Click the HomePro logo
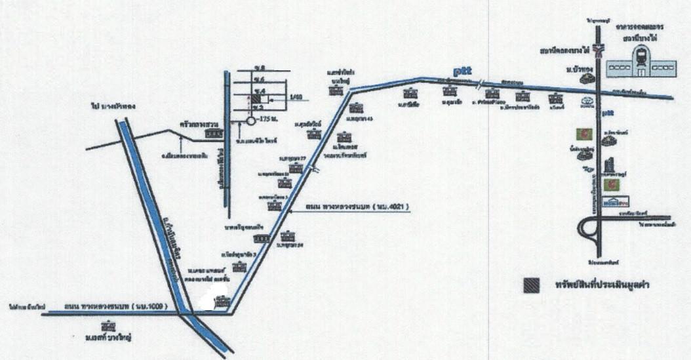point(611,201)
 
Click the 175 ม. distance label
point(267,120)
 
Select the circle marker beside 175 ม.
point(250,121)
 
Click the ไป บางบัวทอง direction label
point(112,106)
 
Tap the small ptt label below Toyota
point(608,114)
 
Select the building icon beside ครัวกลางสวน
point(212,132)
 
